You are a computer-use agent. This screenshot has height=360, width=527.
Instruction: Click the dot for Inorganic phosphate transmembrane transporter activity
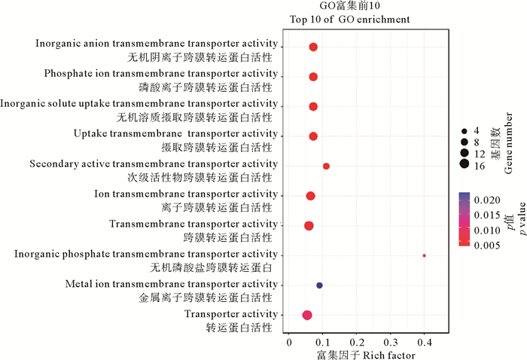[425, 256]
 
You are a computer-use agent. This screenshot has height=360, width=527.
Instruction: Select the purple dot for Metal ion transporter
[319, 285]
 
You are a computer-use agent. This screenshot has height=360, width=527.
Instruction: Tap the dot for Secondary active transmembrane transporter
[326, 166]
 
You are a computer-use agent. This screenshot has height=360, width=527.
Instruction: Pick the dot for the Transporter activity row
[307, 316]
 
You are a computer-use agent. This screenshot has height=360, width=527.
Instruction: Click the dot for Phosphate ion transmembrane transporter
[313, 77]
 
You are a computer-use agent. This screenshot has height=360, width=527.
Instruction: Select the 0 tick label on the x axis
[289, 343]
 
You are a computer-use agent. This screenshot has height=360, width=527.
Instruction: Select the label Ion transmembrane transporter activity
[186, 194]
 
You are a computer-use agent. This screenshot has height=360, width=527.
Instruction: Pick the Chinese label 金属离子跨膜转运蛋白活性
[205, 298]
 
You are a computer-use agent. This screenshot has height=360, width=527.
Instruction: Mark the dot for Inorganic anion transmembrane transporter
[313, 47]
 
